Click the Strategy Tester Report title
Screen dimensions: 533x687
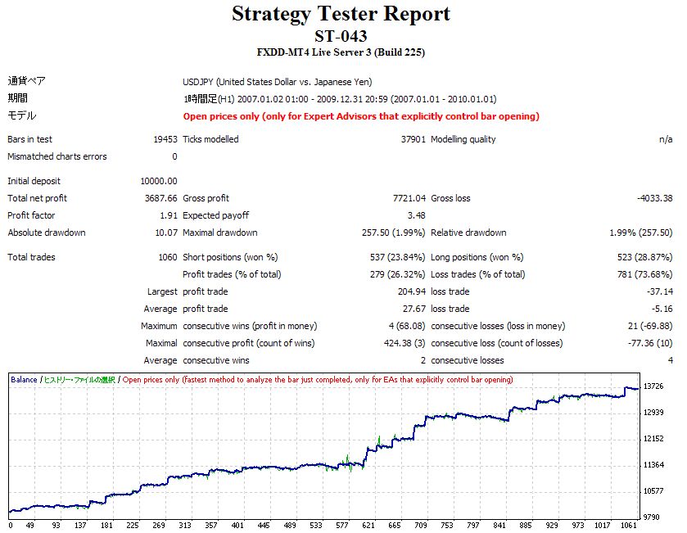pyautogui.click(x=341, y=14)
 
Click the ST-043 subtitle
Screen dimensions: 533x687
pyautogui.click(x=341, y=36)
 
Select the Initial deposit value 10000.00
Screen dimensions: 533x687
pyautogui.click(x=160, y=181)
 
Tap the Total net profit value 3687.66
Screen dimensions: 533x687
pyautogui.click(x=161, y=198)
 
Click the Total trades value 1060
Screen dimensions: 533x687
pyautogui.click(x=167, y=257)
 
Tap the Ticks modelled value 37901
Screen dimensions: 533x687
pyautogui.click(x=413, y=139)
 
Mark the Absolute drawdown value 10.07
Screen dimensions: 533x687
pyautogui.click(x=166, y=233)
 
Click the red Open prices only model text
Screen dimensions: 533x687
pyautogui.click(x=361, y=116)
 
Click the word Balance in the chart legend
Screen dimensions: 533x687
pyautogui.click(x=24, y=380)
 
